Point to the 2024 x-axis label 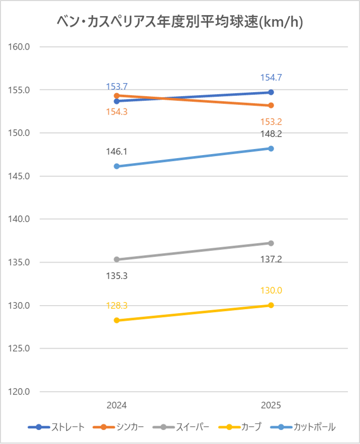[116, 405]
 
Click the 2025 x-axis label [271, 405]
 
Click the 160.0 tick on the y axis [21, 47]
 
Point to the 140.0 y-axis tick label [21, 219]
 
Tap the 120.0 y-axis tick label [21, 392]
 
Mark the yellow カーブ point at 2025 [271, 305]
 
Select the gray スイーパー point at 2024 [116, 260]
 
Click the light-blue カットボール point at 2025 [271, 149]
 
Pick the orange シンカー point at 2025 [271, 105]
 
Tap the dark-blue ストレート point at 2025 [271, 92]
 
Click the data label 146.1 [116, 151]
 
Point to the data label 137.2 [271, 259]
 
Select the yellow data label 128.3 [116, 306]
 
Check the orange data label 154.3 [116, 112]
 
